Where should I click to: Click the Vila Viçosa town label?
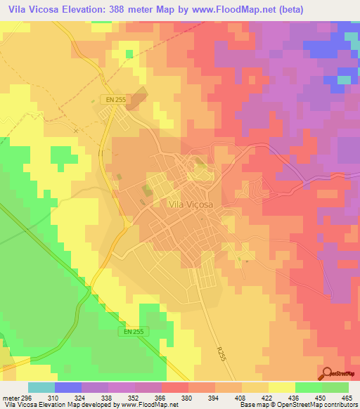click(191, 204)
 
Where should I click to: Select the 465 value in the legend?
click(347, 397)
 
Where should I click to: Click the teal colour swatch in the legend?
click(41, 387)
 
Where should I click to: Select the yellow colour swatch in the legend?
click(281, 387)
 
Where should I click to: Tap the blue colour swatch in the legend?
click(68, 387)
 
